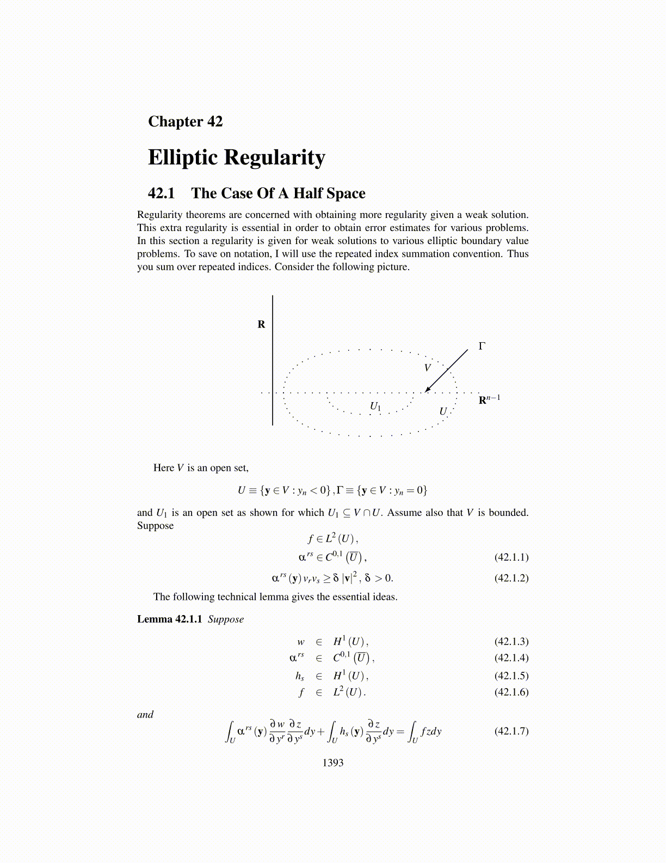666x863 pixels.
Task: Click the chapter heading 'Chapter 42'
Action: [185, 121]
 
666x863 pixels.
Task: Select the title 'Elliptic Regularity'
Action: [236, 157]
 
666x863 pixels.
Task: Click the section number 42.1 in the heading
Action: [161, 193]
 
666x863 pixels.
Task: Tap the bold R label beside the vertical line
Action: [261, 325]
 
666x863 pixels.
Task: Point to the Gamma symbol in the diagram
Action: [482, 346]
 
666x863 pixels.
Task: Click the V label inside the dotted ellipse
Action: [428, 368]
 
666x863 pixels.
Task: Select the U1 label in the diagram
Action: [375, 406]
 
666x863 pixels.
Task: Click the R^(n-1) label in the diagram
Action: [489, 400]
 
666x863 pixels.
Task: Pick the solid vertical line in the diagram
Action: [273, 360]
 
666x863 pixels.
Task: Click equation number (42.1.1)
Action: [511, 557]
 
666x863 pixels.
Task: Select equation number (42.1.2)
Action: [511, 578]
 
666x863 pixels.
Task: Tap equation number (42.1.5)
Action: [511, 676]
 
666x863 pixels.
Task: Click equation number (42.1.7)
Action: [511, 731]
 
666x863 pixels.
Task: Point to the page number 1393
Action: [333, 763]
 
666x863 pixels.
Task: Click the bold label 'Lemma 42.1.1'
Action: [169, 619]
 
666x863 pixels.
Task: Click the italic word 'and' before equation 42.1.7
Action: [145, 714]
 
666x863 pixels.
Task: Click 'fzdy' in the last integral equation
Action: [431, 731]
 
